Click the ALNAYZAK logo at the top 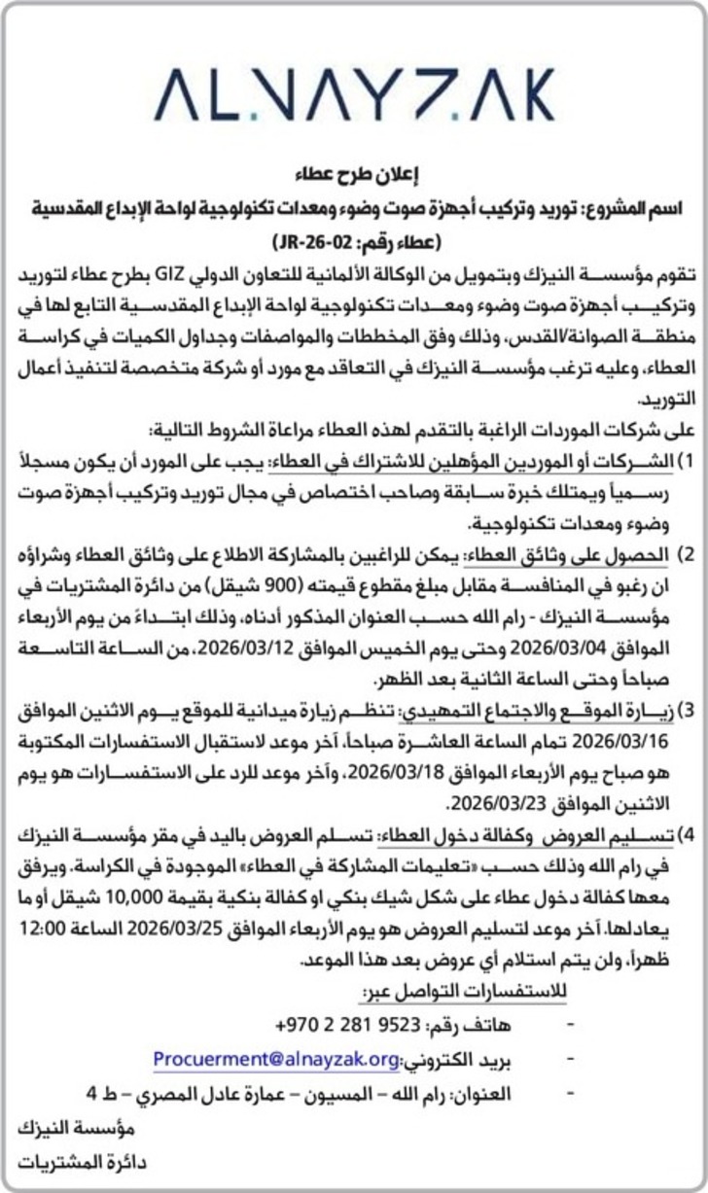(354, 94)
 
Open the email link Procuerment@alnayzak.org (276, 1059)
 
